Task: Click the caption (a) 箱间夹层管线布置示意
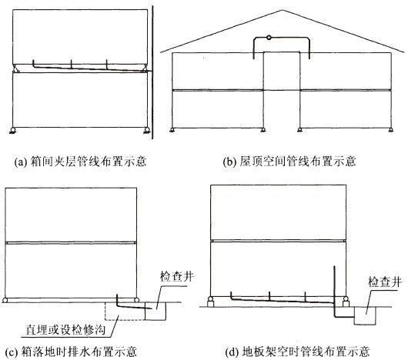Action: (81, 162)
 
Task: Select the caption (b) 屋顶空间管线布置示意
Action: (289, 162)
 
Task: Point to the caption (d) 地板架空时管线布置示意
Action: (297, 352)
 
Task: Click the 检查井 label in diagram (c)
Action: (177, 276)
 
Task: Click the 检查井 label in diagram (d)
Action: (385, 282)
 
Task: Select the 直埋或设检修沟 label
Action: (65, 329)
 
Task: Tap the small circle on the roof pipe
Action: (269, 38)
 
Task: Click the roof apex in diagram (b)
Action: (283, 10)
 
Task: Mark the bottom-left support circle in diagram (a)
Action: (13, 130)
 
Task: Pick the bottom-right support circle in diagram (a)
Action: (147, 130)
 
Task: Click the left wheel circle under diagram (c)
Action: (5, 300)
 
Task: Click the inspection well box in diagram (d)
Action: (365, 315)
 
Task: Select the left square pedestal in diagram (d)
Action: (210, 304)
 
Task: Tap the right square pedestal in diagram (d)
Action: (346, 304)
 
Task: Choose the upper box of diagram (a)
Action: (80, 37)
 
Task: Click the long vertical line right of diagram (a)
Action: (152, 72)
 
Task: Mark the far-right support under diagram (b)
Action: (390, 130)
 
